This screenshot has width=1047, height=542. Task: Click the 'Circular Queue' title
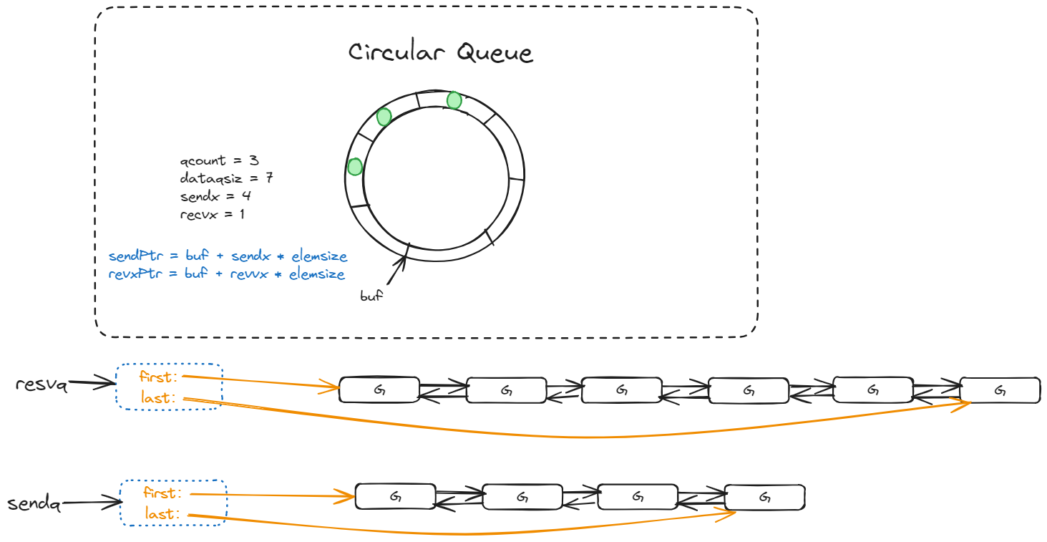click(440, 52)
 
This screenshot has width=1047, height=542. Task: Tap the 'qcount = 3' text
click(219, 160)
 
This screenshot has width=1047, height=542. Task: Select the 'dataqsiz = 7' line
click(226, 178)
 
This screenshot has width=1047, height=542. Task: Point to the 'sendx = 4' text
click(215, 196)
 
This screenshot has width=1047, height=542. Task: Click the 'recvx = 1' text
click(213, 214)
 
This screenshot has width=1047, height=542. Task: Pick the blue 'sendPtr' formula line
click(228, 256)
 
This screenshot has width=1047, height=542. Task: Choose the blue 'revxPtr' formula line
click(227, 274)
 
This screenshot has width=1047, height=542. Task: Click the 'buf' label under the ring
click(371, 296)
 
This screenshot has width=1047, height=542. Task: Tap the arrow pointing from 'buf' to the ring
click(397, 270)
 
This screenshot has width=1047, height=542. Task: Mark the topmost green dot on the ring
click(454, 100)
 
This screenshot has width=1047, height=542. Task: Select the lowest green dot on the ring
click(355, 167)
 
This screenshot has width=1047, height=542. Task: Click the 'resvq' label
click(42, 384)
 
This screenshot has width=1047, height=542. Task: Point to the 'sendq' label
click(34, 503)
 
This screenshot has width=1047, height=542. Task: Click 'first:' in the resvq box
click(158, 377)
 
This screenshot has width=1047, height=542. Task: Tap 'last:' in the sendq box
click(162, 513)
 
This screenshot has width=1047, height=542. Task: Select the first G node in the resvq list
click(379, 389)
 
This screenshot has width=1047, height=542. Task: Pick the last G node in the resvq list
click(1000, 390)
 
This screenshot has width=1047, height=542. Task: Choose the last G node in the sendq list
click(765, 497)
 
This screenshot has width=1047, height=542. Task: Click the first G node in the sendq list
click(396, 496)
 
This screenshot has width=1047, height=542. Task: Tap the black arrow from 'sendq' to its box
click(92, 503)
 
